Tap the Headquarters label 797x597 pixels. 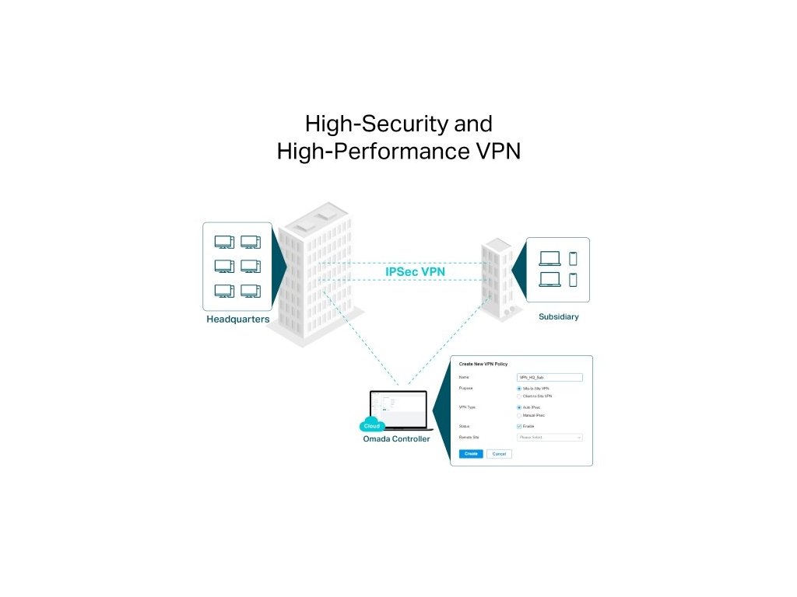click(x=238, y=319)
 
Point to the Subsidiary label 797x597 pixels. click(x=559, y=317)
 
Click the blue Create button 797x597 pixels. click(x=470, y=454)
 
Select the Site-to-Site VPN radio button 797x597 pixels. click(x=519, y=388)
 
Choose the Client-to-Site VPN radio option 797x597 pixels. click(x=519, y=396)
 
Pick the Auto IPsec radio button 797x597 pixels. click(x=519, y=407)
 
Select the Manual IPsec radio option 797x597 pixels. click(x=519, y=416)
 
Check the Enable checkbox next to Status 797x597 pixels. click(x=519, y=426)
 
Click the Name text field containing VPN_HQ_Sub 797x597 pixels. click(x=549, y=377)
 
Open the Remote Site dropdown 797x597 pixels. click(x=549, y=438)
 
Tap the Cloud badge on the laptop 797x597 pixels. click(x=372, y=426)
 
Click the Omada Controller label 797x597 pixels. click(x=396, y=440)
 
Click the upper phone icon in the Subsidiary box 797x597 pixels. click(x=574, y=259)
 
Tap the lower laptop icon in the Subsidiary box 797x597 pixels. click(x=549, y=279)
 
